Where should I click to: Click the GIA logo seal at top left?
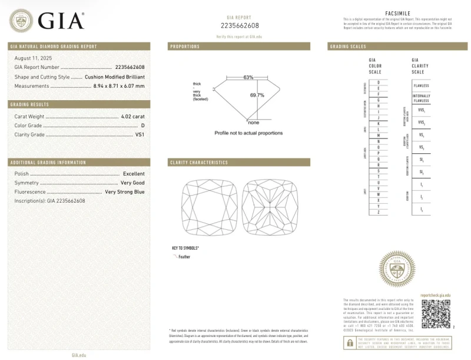point(21,21)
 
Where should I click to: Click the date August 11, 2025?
point(33,58)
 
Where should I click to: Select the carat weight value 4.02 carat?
point(132,117)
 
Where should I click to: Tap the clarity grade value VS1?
point(140,135)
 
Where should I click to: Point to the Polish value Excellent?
point(134,174)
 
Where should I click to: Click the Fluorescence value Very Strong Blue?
point(124,192)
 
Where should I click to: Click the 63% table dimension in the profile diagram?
point(248,77)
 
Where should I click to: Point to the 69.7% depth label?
point(257,95)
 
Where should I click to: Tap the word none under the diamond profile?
point(254,123)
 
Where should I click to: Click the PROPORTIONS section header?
point(184,47)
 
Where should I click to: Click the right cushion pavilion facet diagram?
point(268,207)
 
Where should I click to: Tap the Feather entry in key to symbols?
point(184,257)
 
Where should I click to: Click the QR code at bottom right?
point(435,312)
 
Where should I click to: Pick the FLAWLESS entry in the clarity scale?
point(421,85)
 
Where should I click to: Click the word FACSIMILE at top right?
point(397,12)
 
